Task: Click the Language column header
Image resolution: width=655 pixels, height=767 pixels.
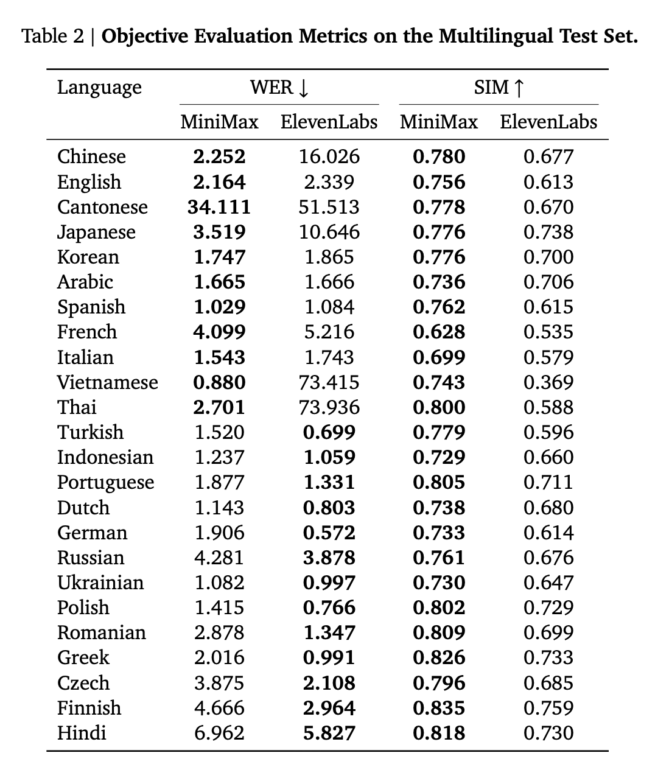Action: pos(99,88)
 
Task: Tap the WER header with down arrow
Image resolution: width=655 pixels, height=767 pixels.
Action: pos(279,88)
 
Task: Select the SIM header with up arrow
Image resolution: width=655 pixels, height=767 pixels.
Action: pos(499,88)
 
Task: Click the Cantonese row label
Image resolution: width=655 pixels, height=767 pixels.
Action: pos(102,207)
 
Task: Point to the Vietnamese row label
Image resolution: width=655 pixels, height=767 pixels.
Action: pos(107,382)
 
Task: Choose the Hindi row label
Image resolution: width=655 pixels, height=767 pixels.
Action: pos(82,733)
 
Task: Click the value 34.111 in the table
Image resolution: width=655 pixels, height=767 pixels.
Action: pos(219,207)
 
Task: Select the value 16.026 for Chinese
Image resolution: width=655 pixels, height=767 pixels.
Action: pos(329,157)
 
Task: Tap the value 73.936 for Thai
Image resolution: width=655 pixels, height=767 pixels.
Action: pos(329,407)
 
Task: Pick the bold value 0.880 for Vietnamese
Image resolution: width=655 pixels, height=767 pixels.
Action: pos(219,382)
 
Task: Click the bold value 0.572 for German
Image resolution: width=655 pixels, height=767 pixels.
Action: pos(329,533)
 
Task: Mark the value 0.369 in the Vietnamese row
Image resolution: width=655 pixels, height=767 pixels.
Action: pos(548,382)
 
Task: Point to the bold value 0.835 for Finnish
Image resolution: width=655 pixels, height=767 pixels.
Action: pos(439,708)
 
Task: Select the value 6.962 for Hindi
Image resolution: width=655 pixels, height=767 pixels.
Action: pos(219,733)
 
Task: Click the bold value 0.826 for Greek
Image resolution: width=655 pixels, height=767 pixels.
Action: pos(439,658)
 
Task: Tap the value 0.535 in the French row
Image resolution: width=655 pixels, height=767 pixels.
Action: pos(548,332)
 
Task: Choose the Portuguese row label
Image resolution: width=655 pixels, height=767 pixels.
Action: pos(105,483)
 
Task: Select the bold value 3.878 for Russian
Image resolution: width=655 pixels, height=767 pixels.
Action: pos(329,558)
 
